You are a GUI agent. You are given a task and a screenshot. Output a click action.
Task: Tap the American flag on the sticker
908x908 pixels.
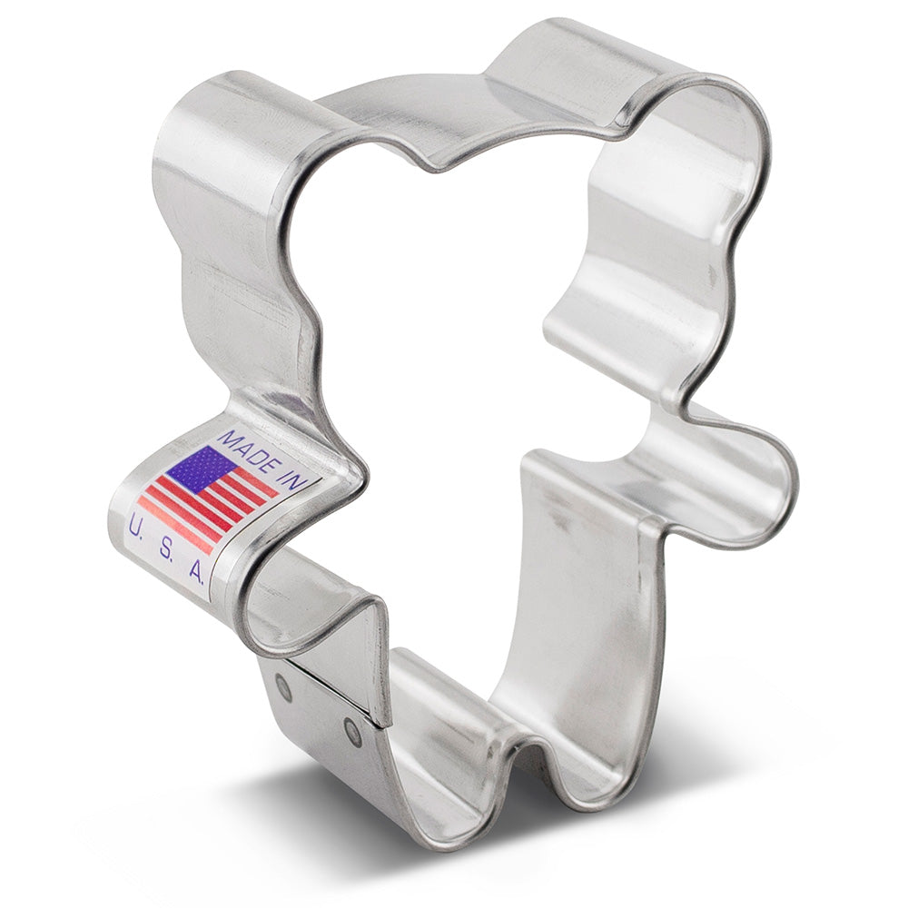(x=209, y=495)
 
